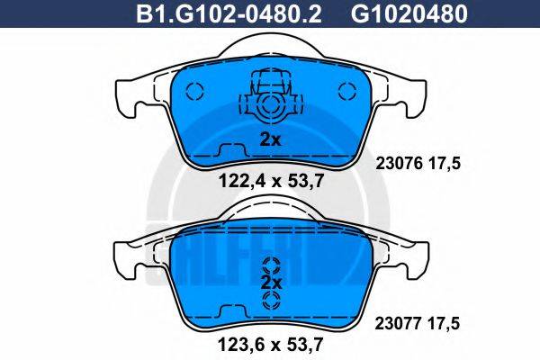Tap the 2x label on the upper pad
tap(270, 139)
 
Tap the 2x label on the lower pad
tap(271, 283)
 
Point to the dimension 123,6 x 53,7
tap(271, 342)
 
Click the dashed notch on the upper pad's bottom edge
tap(230, 149)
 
